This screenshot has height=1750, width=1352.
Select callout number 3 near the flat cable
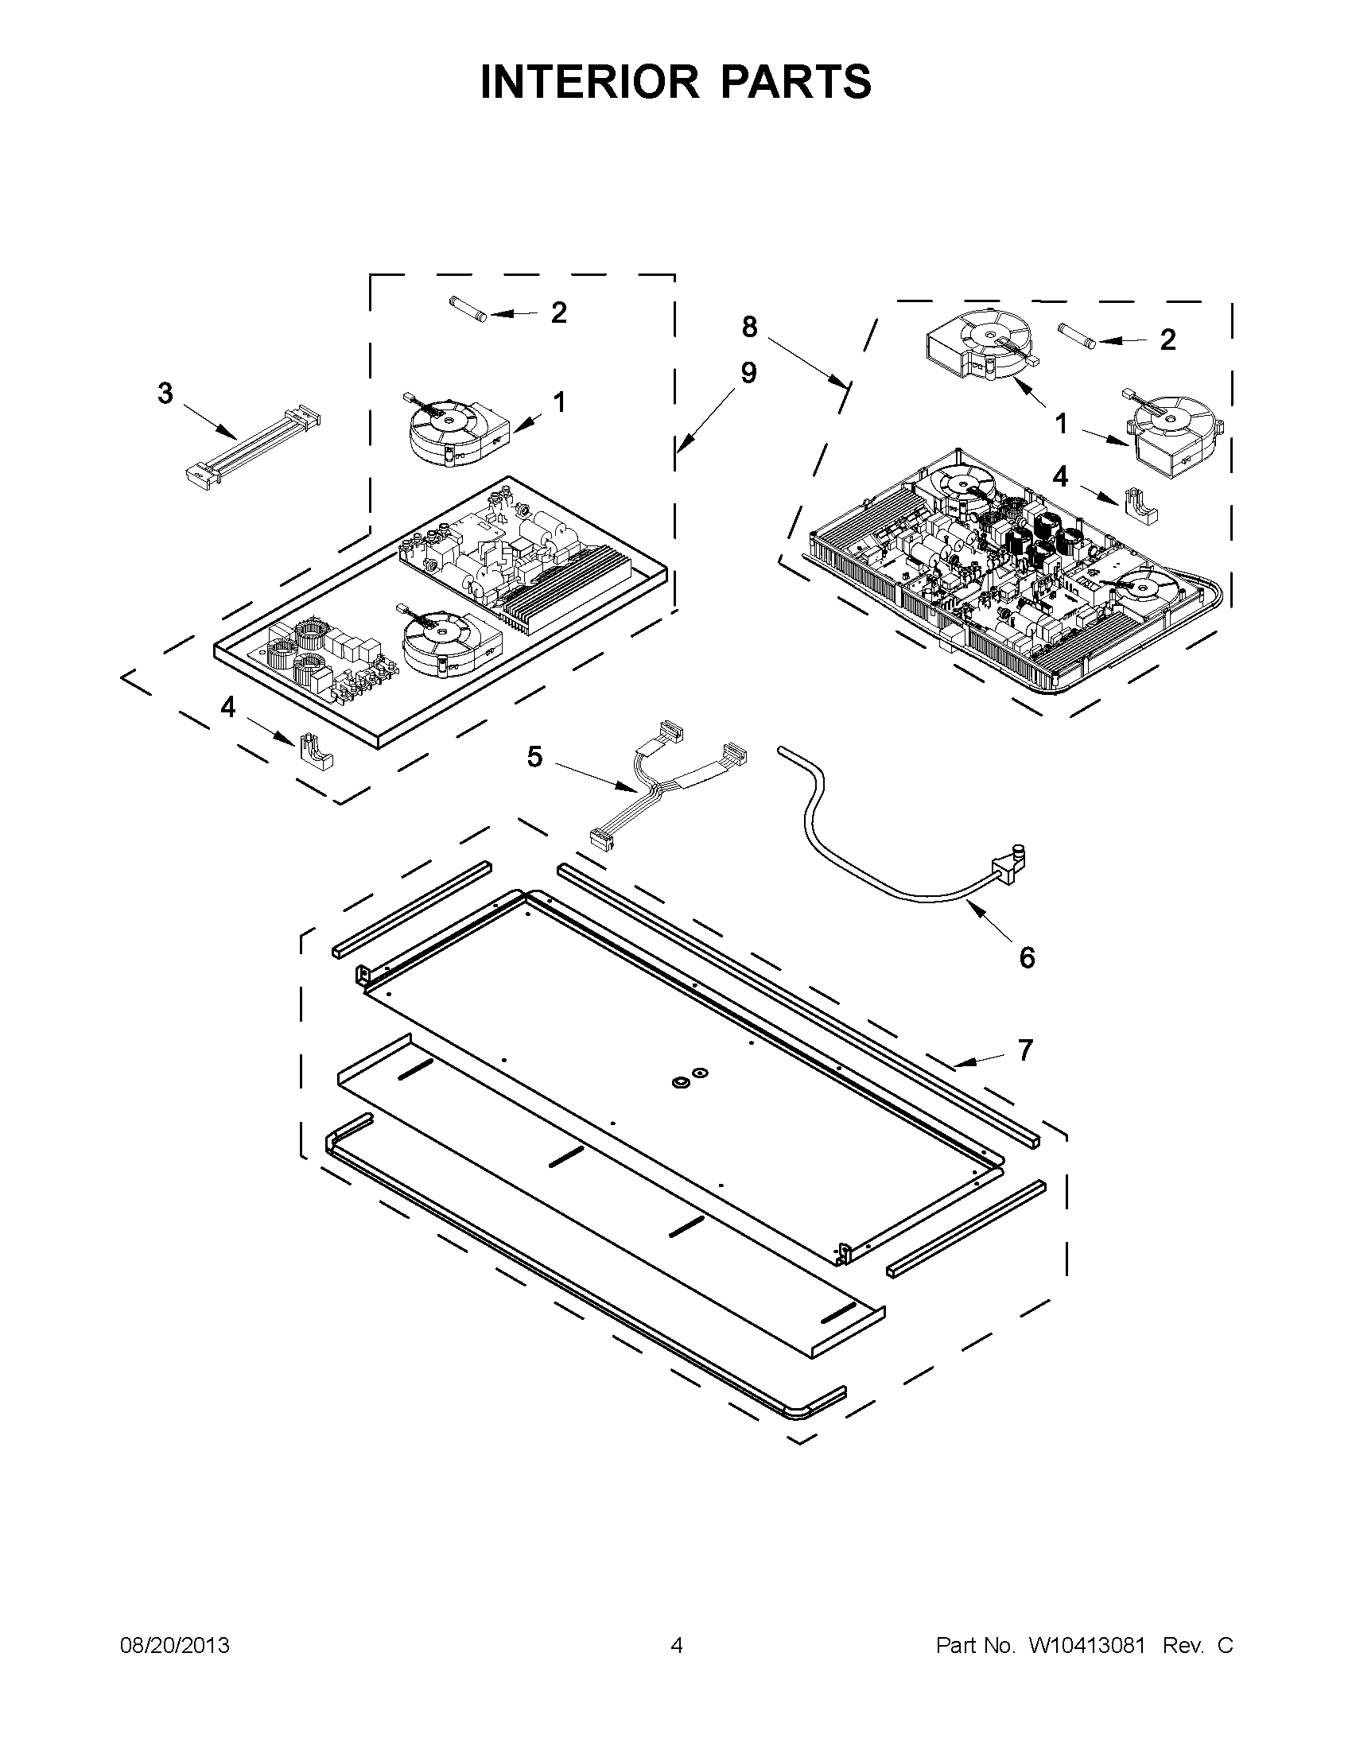165,394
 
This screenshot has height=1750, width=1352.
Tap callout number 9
748,374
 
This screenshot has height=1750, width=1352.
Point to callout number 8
749,327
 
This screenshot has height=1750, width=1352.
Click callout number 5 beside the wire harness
534,755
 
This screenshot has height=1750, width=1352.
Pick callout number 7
1025,1050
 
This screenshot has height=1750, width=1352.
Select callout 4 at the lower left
228,708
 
